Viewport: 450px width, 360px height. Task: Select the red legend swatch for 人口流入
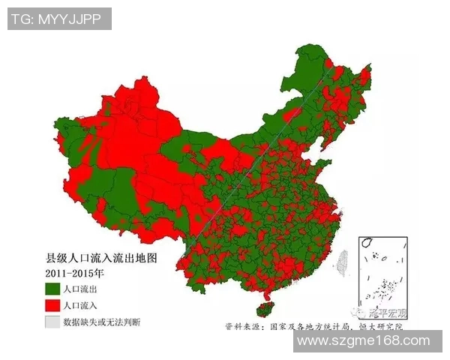52,306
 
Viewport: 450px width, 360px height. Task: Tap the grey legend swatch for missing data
52,322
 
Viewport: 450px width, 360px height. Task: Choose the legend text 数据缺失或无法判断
101,322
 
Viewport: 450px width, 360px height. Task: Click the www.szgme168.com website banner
367,341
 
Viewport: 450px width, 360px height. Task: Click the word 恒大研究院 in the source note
382,327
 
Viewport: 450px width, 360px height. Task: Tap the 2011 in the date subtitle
58,273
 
